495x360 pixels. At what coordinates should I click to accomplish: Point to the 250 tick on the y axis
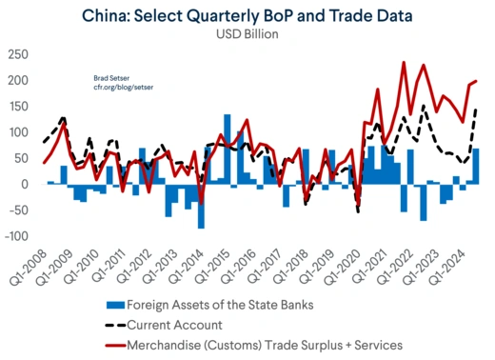(x=17, y=53)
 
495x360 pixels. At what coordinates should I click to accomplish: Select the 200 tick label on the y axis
(x=17, y=80)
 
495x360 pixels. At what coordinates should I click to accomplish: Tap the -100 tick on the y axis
(x=15, y=236)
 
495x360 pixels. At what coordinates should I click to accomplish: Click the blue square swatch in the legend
(x=114, y=305)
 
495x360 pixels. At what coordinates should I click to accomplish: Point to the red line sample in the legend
(x=114, y=344)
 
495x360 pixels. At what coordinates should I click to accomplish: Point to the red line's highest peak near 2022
(x=403, y=63)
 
